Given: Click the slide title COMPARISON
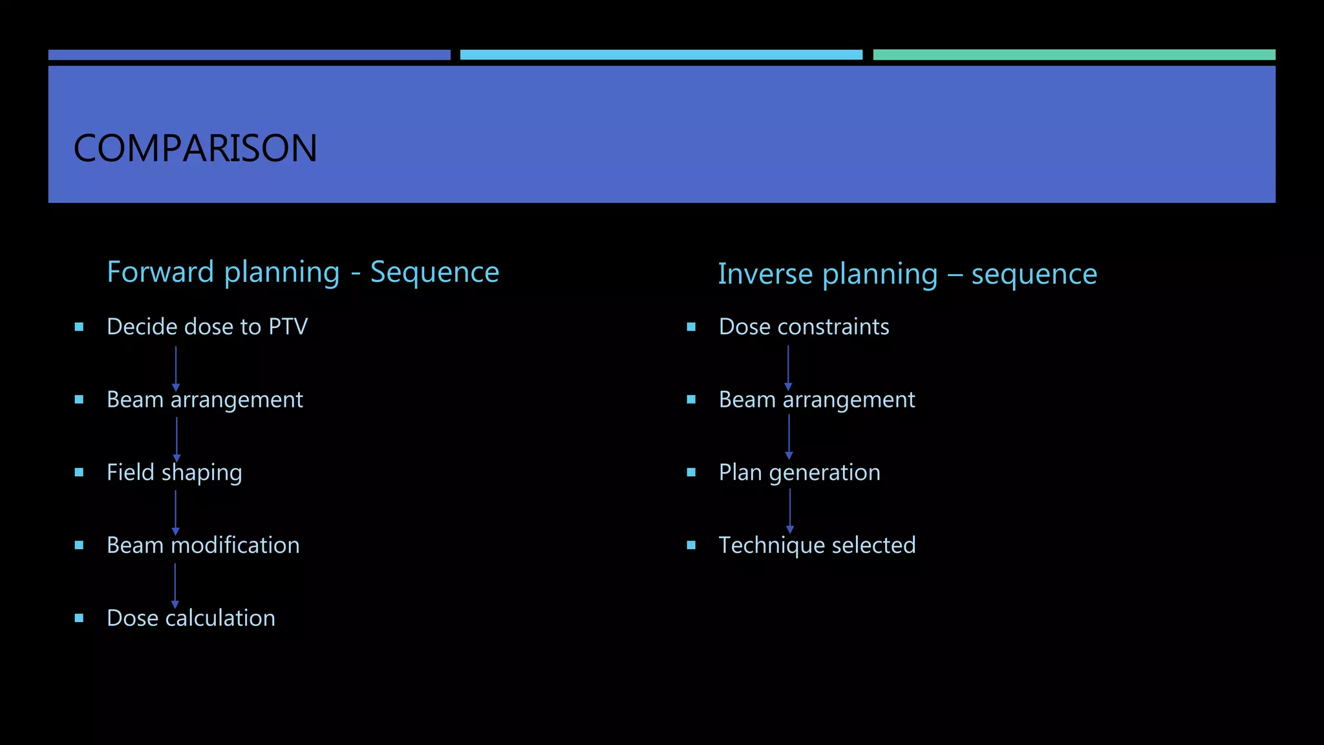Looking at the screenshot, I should (x=195, y=148).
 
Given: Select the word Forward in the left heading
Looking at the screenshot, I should (x=160, y=272).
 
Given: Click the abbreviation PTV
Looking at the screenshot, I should (x=288, y=327).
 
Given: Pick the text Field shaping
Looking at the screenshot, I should (x=174, y=473).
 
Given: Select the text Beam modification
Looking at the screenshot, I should (x=203, y=545).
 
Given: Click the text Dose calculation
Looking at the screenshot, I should (x=191, y=618).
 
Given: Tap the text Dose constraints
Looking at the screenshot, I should (x=804, y=327).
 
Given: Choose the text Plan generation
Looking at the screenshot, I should (x=799, y=473).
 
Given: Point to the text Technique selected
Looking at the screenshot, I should (x=817, y=545).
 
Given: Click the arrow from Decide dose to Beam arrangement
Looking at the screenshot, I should (x=176, y=367).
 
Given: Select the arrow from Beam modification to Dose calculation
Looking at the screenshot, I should (x=175, y=585).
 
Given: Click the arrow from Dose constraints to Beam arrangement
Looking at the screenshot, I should (x=788, y=367).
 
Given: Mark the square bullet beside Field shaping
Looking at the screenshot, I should (x=79, y=473).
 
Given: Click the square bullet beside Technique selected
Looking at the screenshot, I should (x=691, y=545).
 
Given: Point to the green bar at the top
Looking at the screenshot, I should (x=1074, y=55).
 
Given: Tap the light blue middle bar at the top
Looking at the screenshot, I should (x=661, y=55).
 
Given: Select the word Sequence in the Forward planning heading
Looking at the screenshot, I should (x=434, y=272).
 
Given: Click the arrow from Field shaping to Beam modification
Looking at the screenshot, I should (x=176, y=512).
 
